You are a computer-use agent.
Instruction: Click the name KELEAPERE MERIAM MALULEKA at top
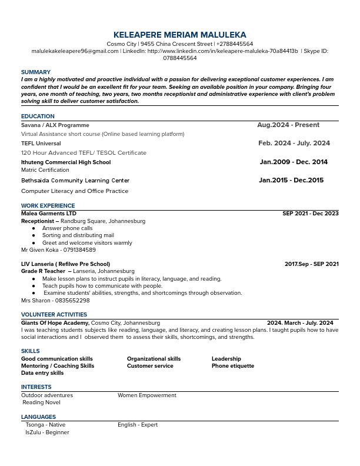(179, 35)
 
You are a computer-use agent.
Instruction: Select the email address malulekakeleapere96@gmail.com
(75, 51)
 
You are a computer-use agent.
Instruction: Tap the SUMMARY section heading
(36, 72)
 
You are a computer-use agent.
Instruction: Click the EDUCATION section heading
(38, 116)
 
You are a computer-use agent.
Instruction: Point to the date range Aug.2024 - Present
(288, 125)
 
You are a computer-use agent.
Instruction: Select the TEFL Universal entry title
(41, 144)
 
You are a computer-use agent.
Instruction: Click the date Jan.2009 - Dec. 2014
(294, 162)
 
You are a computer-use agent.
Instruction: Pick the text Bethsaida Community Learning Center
(75, 181)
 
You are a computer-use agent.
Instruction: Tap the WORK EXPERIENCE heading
(48, 206)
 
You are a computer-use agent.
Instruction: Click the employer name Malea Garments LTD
(49, 214)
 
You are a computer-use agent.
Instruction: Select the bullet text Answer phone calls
(67, 228)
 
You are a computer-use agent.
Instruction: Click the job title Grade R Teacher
(43, 271)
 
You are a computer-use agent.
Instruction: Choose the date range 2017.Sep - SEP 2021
(311, 264)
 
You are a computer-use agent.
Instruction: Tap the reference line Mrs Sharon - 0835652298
(55, 300)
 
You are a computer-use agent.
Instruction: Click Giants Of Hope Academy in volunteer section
(55, 323)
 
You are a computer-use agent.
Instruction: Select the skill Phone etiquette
(233, 366)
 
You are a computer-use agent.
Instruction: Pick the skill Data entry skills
(42, 373)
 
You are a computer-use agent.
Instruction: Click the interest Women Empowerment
(146, 395)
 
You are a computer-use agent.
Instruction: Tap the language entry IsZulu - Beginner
(47, 432)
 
